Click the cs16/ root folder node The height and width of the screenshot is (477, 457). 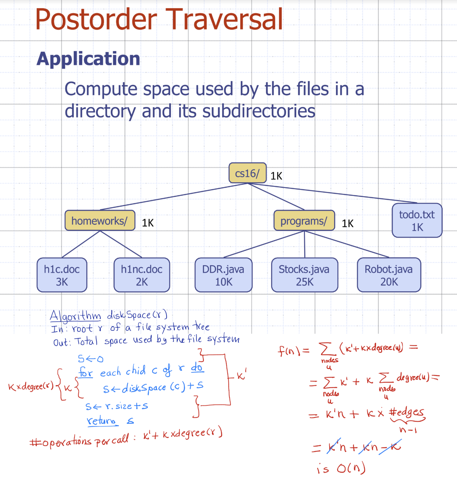247,173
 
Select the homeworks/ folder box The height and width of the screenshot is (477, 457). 100,221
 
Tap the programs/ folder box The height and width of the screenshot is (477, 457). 304,221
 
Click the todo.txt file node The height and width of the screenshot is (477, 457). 417,220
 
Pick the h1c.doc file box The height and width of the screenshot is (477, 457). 62,275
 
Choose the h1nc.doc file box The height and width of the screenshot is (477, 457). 141,275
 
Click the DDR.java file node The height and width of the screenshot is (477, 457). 223,275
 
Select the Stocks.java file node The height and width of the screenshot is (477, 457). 304,275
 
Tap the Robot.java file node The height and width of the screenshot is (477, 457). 388,275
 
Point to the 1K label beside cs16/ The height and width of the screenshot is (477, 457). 276,176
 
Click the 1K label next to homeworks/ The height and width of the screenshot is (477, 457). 148,223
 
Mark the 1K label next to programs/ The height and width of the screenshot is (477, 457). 347,223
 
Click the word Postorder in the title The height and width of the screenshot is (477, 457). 96,20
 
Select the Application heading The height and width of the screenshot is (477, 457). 88,59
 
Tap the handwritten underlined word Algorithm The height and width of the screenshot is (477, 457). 75,316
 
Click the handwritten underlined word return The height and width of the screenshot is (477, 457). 102,420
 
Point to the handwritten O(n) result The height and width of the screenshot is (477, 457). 351,468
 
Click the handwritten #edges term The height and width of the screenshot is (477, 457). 407,412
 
